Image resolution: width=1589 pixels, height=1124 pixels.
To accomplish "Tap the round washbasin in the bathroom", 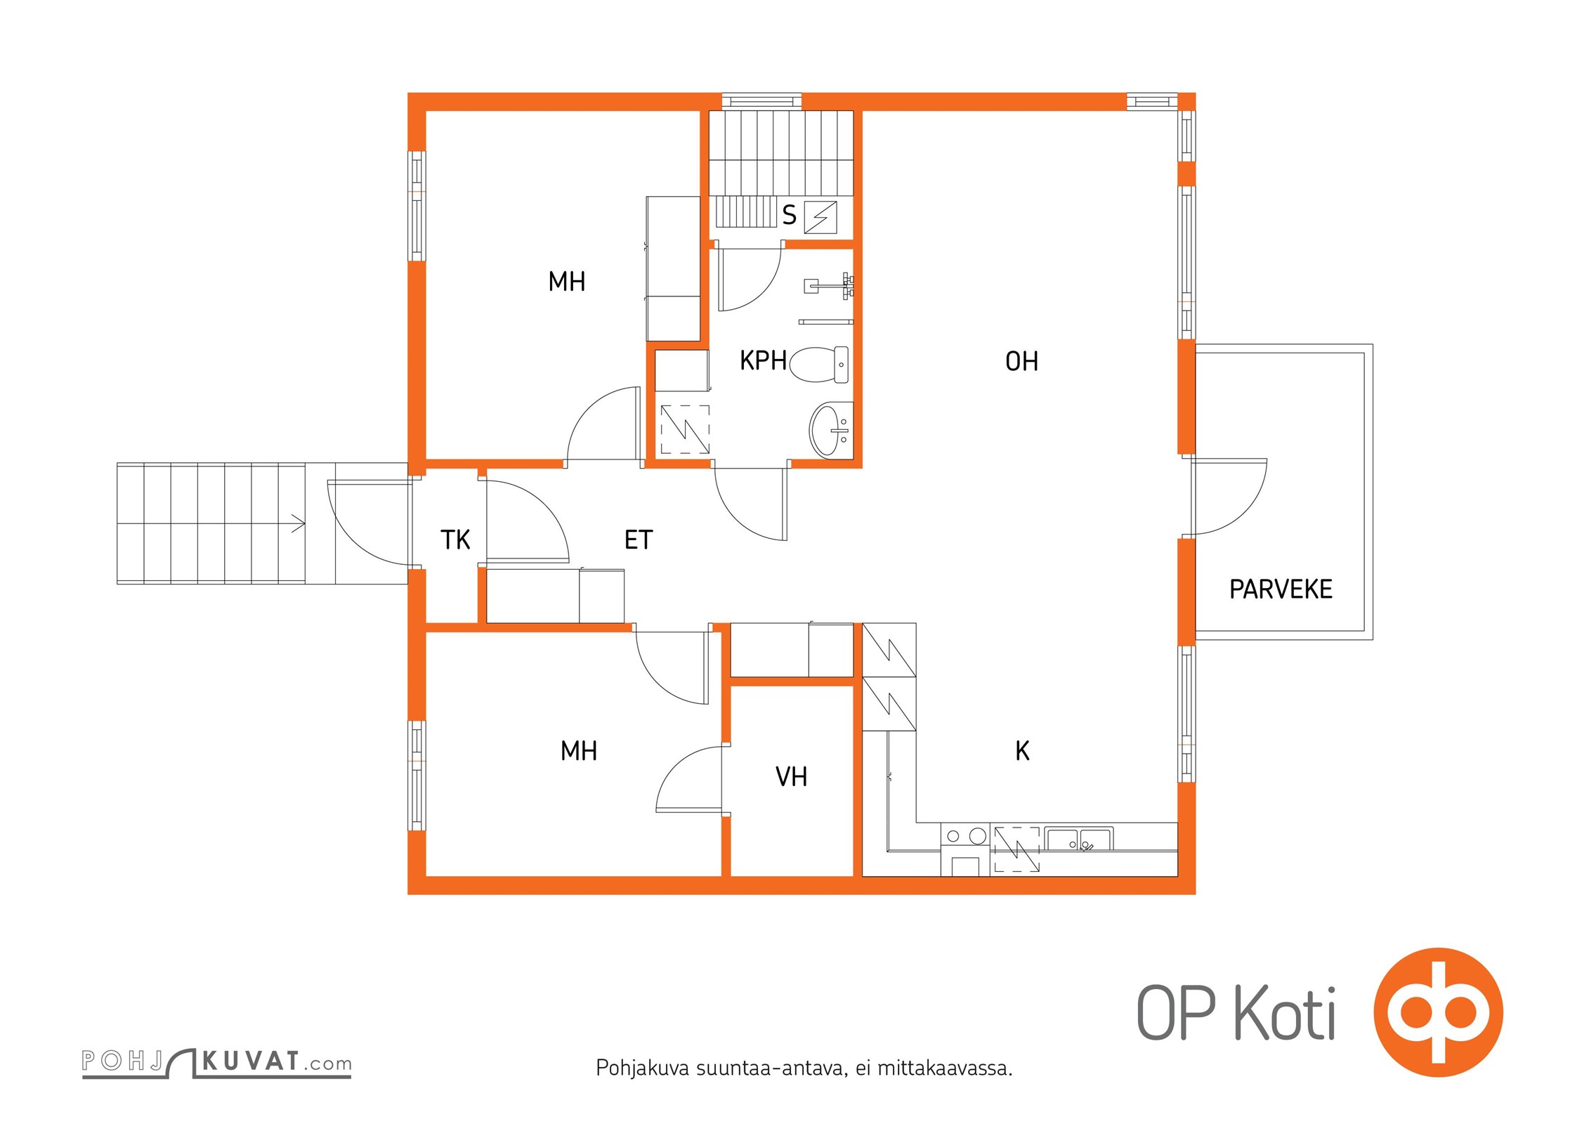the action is (831, 429).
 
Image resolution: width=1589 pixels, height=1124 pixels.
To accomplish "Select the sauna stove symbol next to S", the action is (820, 217).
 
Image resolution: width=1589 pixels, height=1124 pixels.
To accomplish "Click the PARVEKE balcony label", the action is (1281, 589).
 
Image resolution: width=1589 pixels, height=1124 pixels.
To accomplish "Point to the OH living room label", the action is (1021, 361).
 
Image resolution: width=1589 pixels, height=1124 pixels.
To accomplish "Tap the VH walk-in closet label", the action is (791, 776).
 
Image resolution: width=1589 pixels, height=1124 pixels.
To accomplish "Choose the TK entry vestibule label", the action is (455, 540).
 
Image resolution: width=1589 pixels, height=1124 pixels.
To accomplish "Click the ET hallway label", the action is (639, 540).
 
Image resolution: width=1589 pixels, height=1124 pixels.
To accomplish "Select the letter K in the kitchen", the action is (1023, 751).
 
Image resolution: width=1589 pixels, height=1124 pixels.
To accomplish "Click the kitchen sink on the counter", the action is (1078, 840).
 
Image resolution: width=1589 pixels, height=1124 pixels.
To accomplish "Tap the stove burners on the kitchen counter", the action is (965, 836).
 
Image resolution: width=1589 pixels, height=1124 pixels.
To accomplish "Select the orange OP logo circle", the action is (1438, 1012).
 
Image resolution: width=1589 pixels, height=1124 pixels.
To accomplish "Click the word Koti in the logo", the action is (1285, 1013).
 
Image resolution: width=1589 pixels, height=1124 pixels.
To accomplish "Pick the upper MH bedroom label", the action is (567, 282).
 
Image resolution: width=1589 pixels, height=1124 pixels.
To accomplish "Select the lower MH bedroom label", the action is (579, 751).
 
